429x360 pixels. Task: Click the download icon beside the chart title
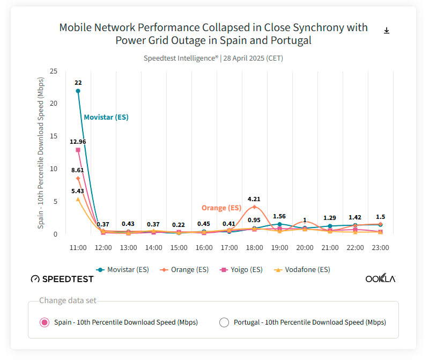tap(387, 31)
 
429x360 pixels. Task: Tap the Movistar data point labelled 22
tap(78, 91)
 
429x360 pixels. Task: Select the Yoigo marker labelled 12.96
tap(78, 150)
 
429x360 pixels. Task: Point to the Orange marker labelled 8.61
tap(78, 178)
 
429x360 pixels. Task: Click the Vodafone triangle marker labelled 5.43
tap(78, 199)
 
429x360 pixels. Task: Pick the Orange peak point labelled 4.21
tap(254, 207)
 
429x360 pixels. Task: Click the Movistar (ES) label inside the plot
tap(106, 117)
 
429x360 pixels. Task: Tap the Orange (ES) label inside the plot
tap(221, 208)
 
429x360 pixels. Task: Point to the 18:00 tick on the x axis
tap(254, 248)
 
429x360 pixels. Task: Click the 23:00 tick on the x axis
tap(380, 248)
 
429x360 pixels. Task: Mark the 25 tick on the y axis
tap(54, 71)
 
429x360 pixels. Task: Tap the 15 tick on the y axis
tap(54, 136)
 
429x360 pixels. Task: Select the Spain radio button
tap(45, 322)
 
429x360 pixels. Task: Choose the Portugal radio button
tap(224, 322)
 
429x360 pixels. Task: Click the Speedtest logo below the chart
tap(62, 279)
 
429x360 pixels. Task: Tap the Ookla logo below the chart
tap(380, 279)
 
